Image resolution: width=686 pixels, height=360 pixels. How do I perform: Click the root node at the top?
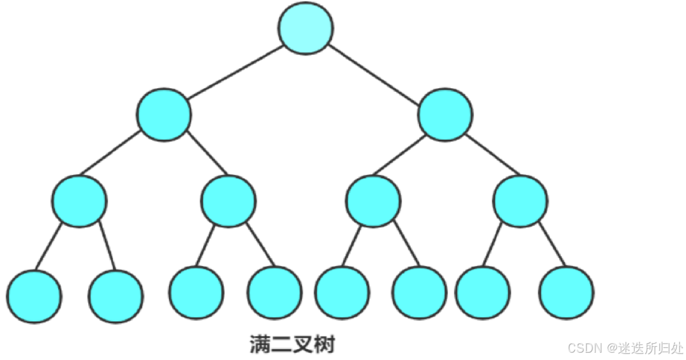point(306,28)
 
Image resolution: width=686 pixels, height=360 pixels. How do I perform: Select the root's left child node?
point(164,115)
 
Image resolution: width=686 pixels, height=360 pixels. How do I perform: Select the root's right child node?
point(446,115)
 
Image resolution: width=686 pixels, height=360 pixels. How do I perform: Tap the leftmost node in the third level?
point(79,201)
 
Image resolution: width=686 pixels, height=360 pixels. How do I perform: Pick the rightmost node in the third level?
point(521,201)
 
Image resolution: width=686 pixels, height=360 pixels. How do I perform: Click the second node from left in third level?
point(228,201)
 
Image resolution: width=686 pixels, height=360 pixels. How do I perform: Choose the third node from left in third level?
point(373,201)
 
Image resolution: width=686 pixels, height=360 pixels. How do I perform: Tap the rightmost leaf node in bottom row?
point(566,294)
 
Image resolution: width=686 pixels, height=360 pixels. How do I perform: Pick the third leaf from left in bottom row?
point(195,292)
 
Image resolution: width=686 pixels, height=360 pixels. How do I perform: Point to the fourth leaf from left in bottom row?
point(275,292)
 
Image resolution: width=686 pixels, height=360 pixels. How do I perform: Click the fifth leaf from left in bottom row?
point(342,293)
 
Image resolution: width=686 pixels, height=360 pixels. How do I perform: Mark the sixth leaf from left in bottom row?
point(420,293)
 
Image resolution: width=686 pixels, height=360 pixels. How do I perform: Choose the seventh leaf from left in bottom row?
point(482,292)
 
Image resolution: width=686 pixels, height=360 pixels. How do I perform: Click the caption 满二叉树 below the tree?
point(292,345)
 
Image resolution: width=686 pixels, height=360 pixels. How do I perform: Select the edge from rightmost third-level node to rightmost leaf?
point(552,245)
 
